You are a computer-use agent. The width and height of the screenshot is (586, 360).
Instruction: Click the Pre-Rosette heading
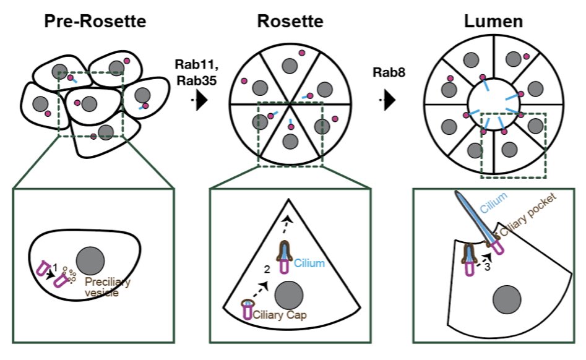click(95, 22)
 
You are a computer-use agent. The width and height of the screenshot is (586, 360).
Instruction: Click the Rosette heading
click(290, 22)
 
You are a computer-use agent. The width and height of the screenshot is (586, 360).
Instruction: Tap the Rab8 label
click(389, 72)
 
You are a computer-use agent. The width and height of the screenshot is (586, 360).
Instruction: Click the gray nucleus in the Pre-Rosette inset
click(90, 258)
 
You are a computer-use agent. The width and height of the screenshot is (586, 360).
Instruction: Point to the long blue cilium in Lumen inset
click(473, 216)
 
